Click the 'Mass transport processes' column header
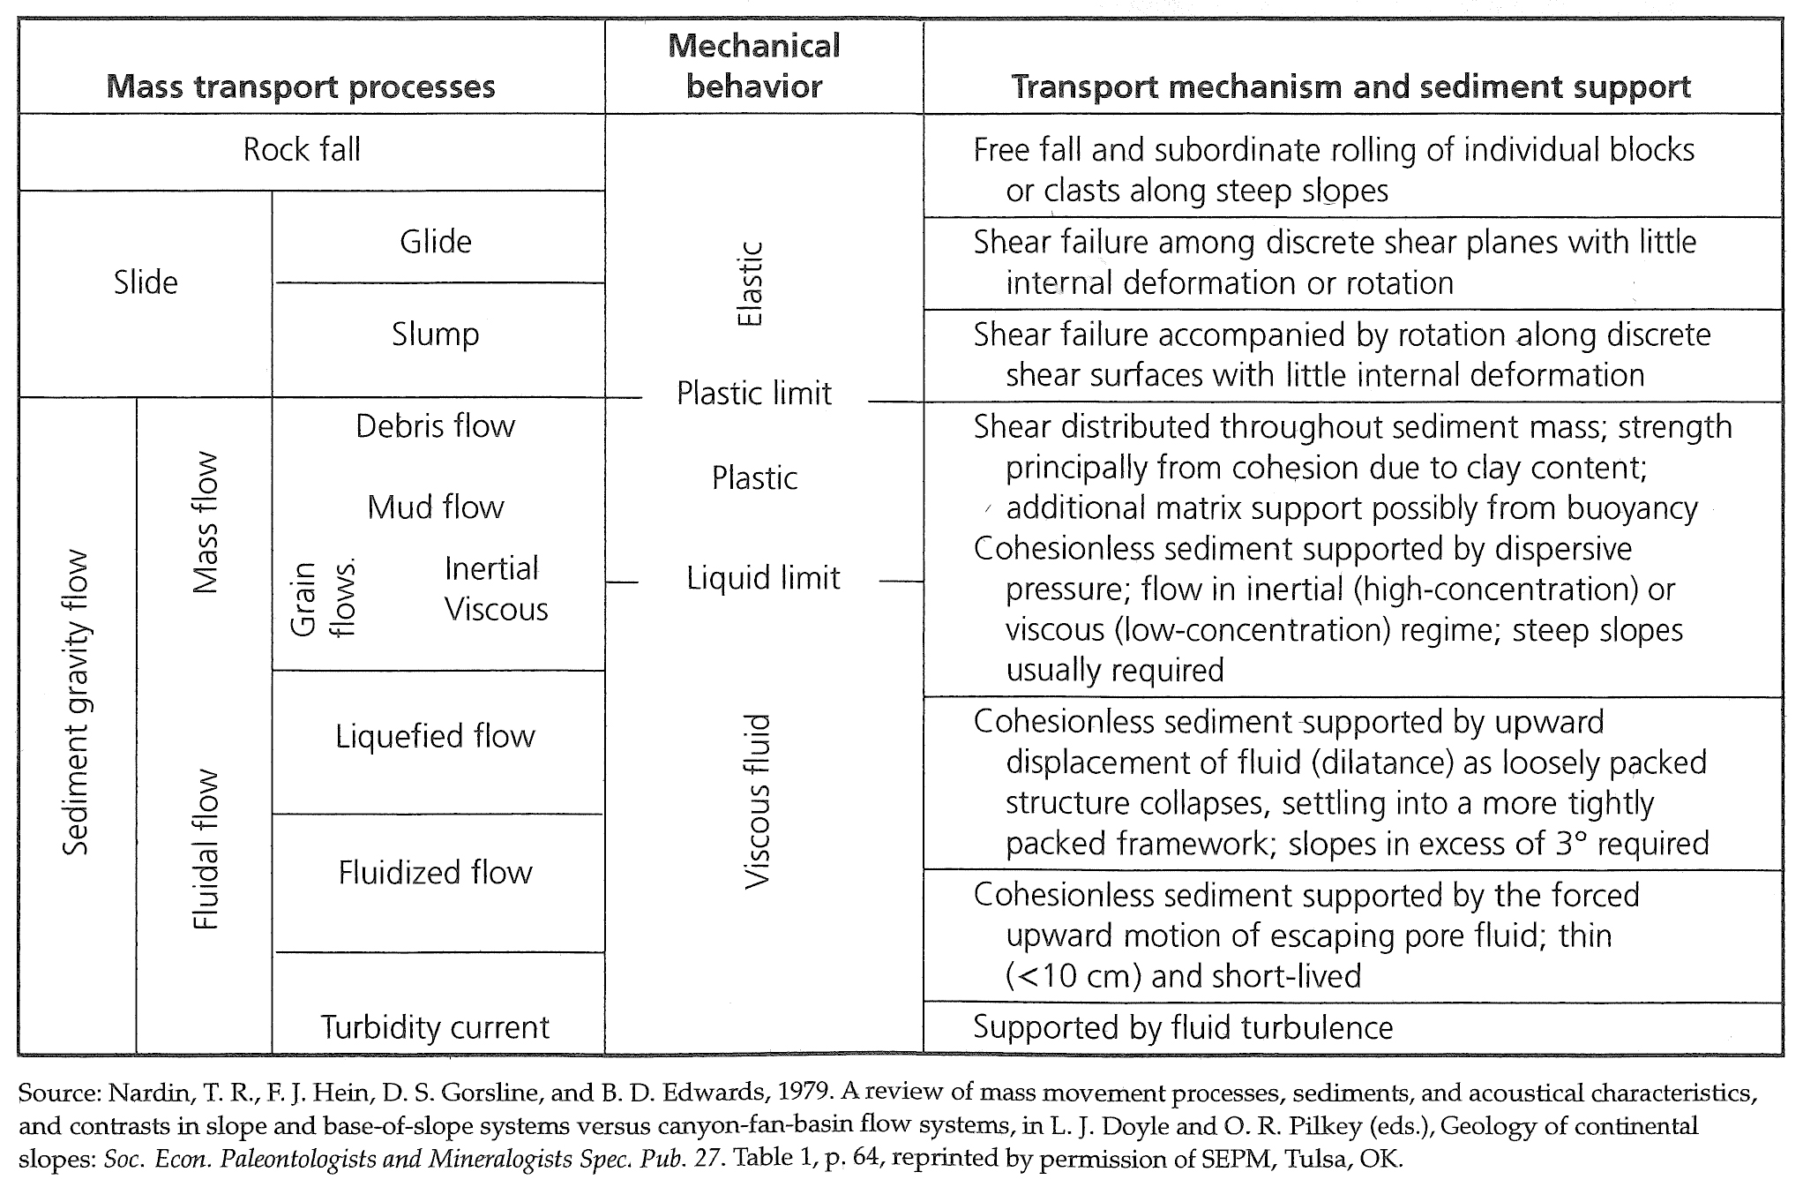point(301,87)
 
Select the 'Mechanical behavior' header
point(754,66)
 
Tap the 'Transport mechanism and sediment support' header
point(1350,86)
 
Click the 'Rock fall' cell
point(302,149)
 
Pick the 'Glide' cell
point(436,241)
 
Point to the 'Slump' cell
point(436,334)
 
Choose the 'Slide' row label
point(146,282)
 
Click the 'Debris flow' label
point(436,425)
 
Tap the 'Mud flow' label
point(436,507)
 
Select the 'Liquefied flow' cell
point(436,736)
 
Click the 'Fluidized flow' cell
point(436,872)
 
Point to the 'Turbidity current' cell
point(435,1027)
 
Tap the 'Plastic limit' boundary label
point(754,393)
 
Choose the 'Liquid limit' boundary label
point(763,578)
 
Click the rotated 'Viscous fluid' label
point(758,801)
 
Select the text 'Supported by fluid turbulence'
point(1183,1027)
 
